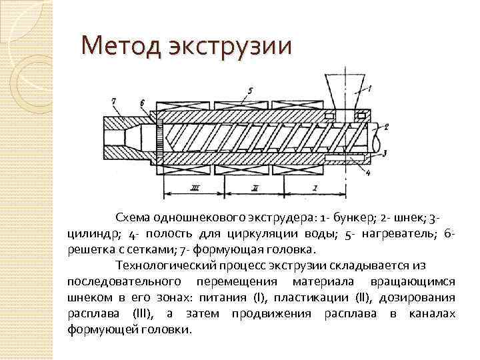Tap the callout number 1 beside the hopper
tap(371, 88)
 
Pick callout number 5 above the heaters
tap(249, 89)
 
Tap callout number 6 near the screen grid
tap(143, 101)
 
